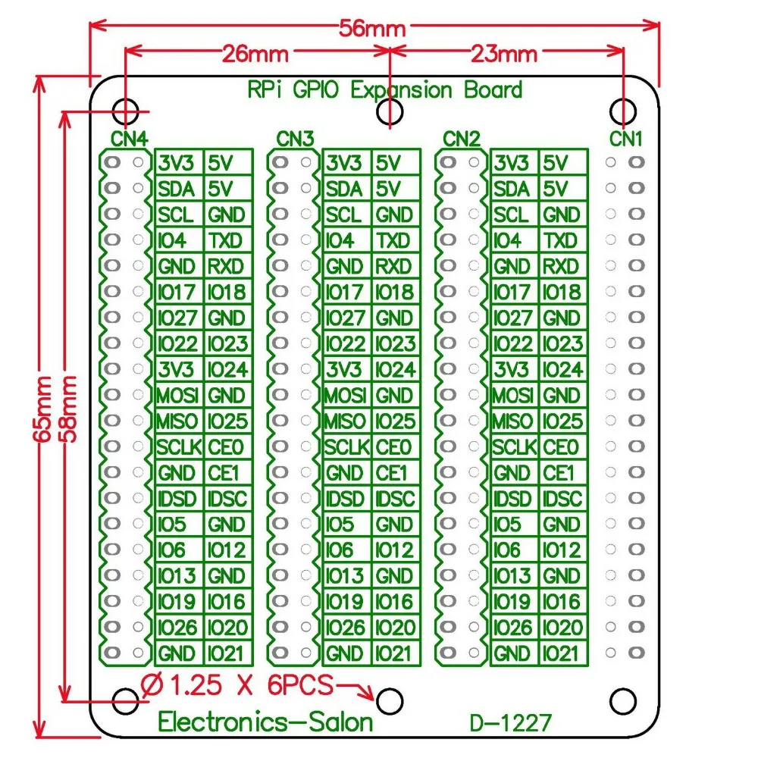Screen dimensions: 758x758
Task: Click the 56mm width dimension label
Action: pos(373,28)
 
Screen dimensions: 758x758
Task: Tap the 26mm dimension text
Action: pos(255,54)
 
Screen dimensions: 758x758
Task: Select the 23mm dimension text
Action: pos(504,54)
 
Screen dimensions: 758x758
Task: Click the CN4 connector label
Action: pos(130,139)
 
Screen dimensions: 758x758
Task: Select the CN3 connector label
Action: pos(295,139)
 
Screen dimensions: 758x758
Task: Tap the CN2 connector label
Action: pos(462,139)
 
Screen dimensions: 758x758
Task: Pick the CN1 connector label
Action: pos(627,139)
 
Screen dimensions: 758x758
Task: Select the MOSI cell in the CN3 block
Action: pos(346,395)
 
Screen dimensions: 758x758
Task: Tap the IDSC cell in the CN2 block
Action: pos(562,498)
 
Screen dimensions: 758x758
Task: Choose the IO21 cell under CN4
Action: pos(227,653)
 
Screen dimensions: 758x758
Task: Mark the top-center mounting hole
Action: pos(389,111)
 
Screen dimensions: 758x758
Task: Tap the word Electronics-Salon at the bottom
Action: pos(265,721)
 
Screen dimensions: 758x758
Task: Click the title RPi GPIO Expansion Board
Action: pos(385,90)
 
